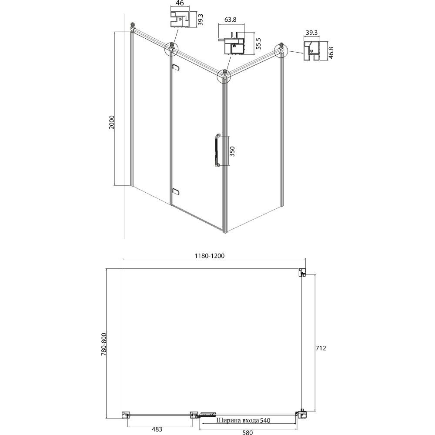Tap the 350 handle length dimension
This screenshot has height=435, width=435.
232,151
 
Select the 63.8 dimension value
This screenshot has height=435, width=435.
230,20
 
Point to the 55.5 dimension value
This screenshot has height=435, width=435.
258,43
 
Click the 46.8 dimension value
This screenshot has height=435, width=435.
331,53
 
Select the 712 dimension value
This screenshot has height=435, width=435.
321,348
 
